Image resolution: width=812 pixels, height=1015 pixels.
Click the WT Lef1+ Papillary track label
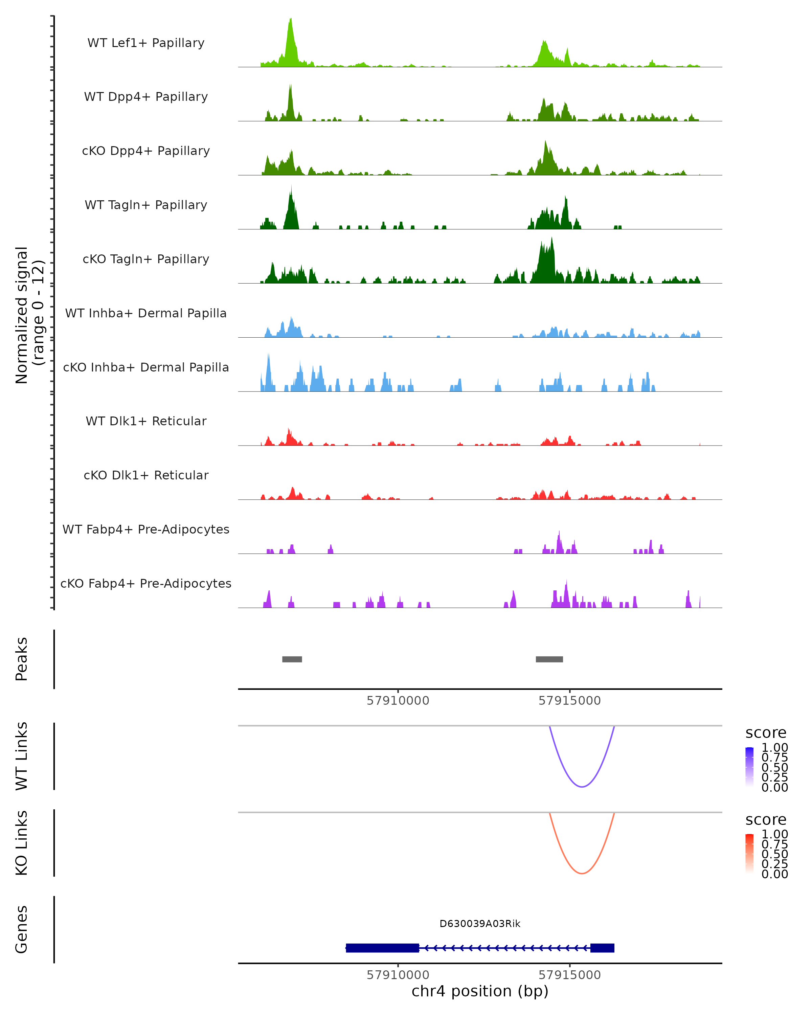click(x=146, y=43)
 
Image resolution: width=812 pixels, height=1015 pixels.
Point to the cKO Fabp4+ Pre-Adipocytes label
click(x=146, y=583)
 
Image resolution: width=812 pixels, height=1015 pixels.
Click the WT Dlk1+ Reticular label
click(x=146, y=421)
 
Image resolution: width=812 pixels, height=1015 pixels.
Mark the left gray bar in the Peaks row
click(x=292, y=659)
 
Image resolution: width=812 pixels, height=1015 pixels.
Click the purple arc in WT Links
click(x=582, y=786)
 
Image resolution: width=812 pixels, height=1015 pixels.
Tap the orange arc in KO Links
click(x=582, y=873)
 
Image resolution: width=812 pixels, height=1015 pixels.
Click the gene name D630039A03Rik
click(x=480, y=924)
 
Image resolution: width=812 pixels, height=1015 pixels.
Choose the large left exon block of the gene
click(x=382, y=948)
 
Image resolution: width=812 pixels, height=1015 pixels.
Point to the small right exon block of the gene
click(x=602, y=948)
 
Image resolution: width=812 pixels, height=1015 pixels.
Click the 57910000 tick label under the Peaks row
click(x=398, y=701)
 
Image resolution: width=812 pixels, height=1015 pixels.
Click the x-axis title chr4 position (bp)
click(x=480, y=991)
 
